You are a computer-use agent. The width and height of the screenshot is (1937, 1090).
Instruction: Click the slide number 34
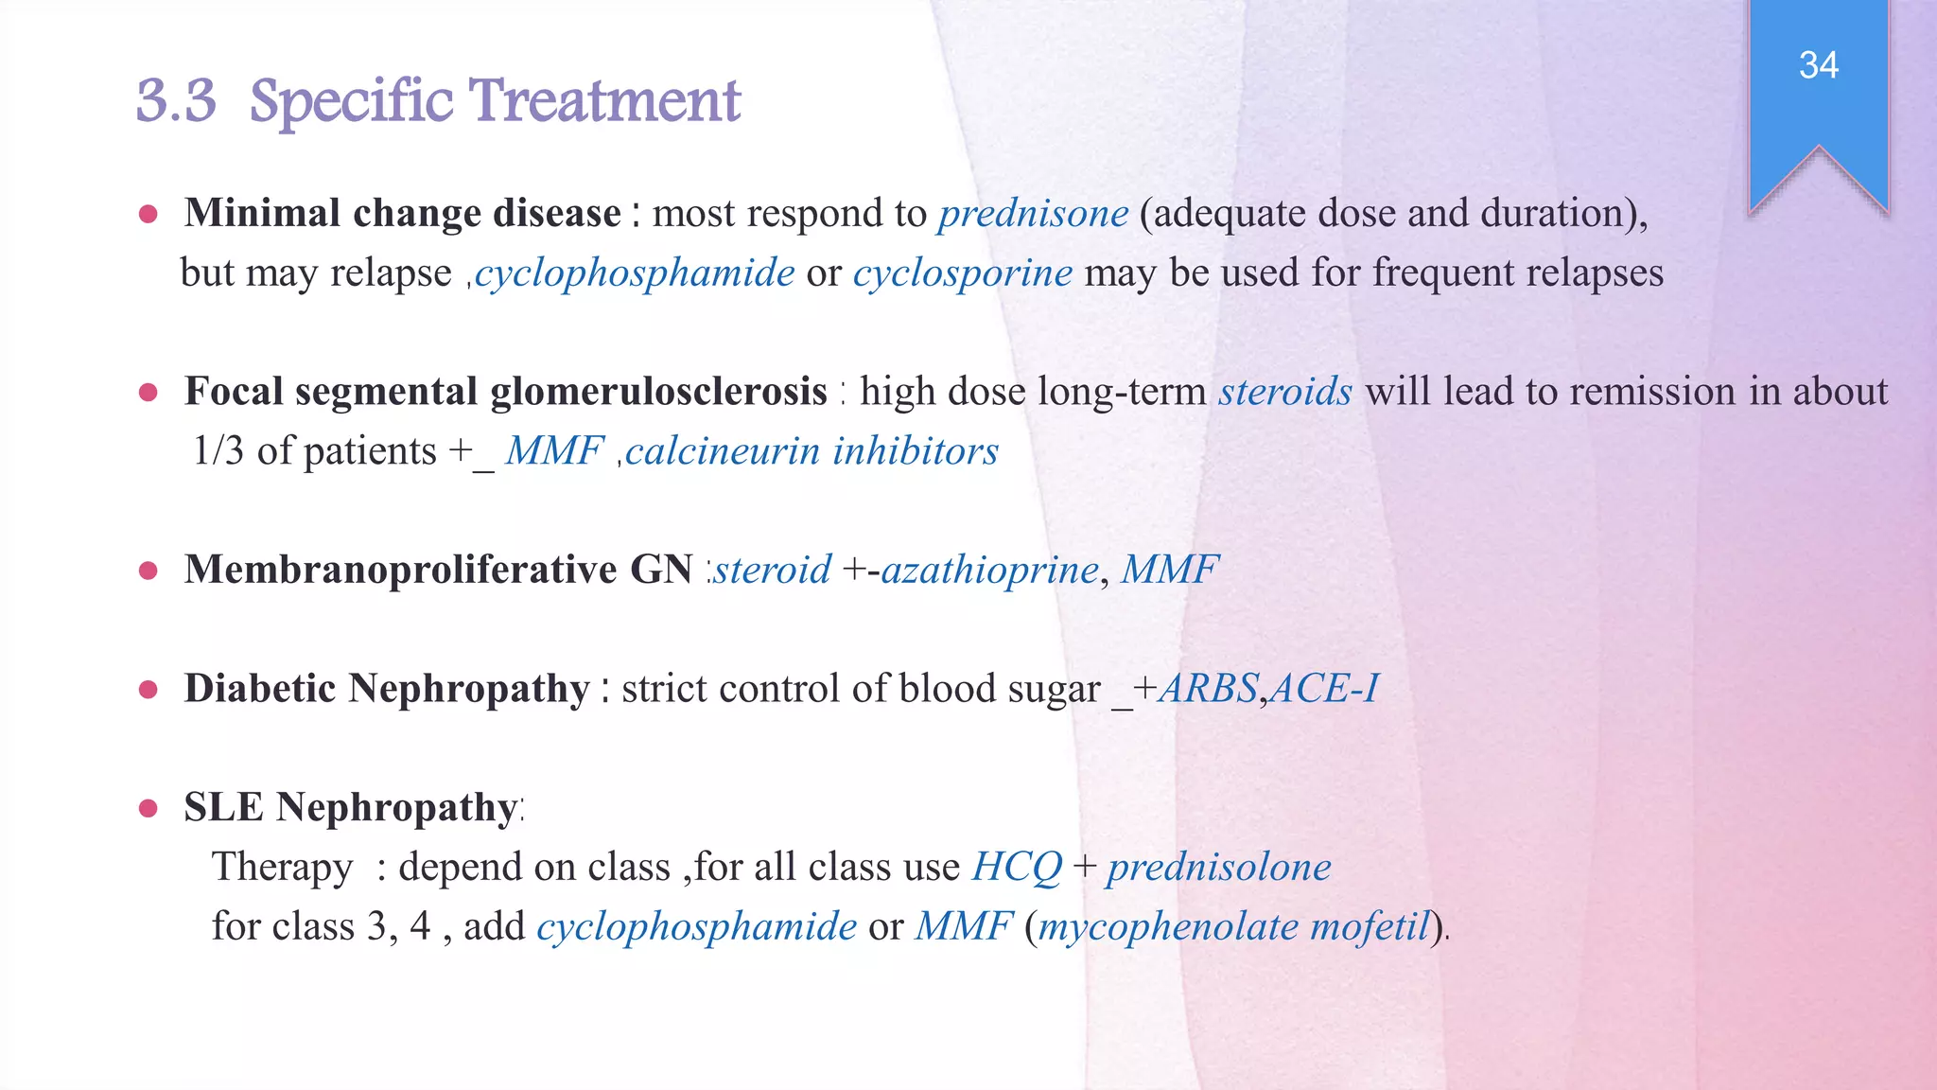click(x=1818, y=65)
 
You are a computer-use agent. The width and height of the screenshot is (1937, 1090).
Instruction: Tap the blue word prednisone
click(x=1033, y=214)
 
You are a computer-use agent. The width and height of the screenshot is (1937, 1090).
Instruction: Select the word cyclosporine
click(x=962, y=273)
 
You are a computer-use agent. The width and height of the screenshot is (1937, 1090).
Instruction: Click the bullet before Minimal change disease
click(x=148, y=215)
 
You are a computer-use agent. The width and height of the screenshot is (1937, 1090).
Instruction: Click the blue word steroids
click(x=1284, y=392)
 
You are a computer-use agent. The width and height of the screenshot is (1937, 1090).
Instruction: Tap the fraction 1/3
click(x=218, y=451)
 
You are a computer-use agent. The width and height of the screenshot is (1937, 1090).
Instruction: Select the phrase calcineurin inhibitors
click(x=811, y=451)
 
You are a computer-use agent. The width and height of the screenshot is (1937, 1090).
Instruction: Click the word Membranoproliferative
click(x=400, y=570)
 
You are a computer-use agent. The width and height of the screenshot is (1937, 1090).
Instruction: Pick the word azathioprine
click(x=989, y=570)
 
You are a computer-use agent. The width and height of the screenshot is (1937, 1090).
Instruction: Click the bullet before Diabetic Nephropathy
click(x=148, y=690)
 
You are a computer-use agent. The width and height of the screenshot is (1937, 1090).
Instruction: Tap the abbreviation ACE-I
click(x=1324, y=689)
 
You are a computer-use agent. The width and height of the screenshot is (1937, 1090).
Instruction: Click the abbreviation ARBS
click(x=1209, y=689)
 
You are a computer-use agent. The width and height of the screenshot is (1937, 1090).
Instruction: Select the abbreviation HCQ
click(x=1017, y=867)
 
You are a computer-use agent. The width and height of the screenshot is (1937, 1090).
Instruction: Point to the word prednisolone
click(x=1218, y=867)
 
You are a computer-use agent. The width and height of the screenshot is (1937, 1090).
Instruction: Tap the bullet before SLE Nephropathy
click(x=148, y=808)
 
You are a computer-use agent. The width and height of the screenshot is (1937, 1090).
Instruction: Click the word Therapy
click(x=282, y=867)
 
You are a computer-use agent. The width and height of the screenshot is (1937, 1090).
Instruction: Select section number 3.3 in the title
click(x=176, y=101)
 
